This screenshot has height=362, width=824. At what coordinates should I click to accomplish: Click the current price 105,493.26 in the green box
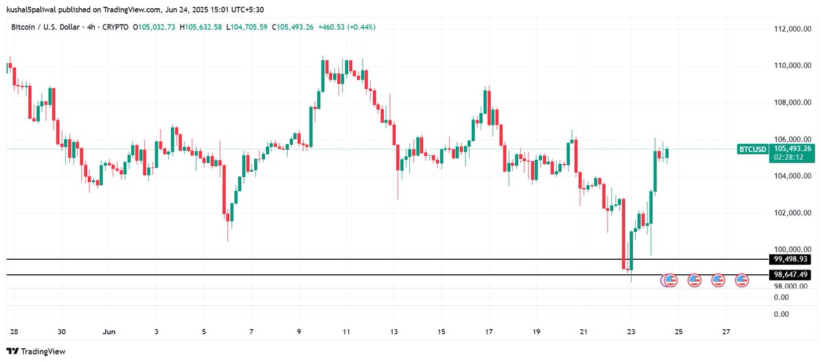[x=792, y=148]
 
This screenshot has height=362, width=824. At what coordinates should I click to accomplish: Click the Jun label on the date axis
[x=108, y=331]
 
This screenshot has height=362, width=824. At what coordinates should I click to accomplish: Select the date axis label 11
[x=346, y=331]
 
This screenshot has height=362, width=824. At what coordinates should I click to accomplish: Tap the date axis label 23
[x=631, y=331]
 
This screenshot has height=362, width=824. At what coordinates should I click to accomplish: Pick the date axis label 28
[x=13, y=331]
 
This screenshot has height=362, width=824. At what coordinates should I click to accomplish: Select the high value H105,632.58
[x=203, y=27]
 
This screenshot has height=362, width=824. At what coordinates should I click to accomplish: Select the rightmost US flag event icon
[x=742, y=280]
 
